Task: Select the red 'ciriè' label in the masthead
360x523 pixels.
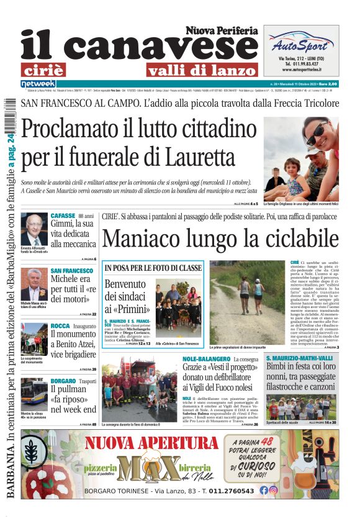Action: pos(52,70)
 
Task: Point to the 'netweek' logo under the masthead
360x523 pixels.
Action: pos(38,83)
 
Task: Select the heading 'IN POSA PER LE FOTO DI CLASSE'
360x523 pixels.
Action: pos(153,268)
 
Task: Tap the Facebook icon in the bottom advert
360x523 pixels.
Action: pos(264,490)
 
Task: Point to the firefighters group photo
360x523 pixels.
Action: pos(139,388)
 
